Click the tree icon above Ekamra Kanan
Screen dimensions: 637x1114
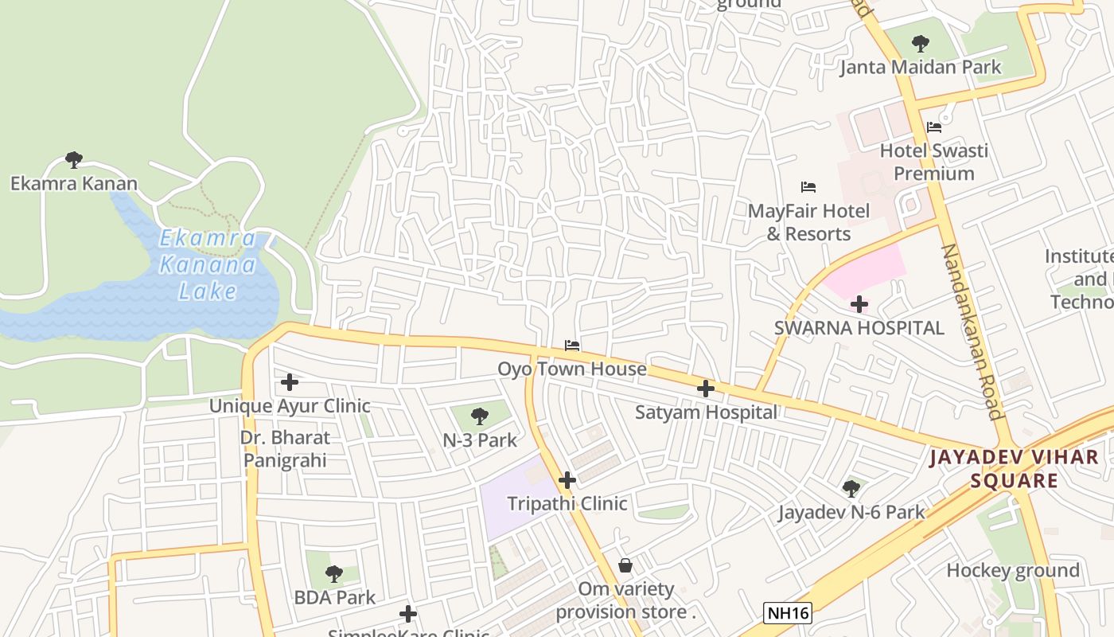pos(74,160)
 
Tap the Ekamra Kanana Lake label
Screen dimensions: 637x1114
pos(208,264)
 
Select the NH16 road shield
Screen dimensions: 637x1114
pos(788,612)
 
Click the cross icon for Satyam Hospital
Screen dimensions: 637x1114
pos(705,389)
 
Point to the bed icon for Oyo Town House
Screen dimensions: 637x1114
pos(571,346)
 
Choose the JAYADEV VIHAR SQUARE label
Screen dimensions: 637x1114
pos(1014,469)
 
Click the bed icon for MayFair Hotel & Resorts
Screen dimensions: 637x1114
pos(808,187)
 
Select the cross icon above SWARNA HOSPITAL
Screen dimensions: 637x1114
pos(859,304)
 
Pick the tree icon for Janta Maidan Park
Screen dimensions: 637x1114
pos(921,43)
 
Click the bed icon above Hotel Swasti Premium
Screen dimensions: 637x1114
pos(934,127)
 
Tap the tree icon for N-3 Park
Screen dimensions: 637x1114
pos(480,416)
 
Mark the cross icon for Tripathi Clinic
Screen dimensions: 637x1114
pos(567,480)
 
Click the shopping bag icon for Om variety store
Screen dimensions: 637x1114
pos(625,565)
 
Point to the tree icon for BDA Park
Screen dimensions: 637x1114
pos(334,573)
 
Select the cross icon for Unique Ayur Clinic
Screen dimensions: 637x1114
pos(290,382)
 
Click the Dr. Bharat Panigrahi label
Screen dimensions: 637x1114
pos(285,448)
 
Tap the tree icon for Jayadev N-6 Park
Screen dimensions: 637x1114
pos(851,488)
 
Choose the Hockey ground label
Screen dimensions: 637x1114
pos(1012,570)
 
